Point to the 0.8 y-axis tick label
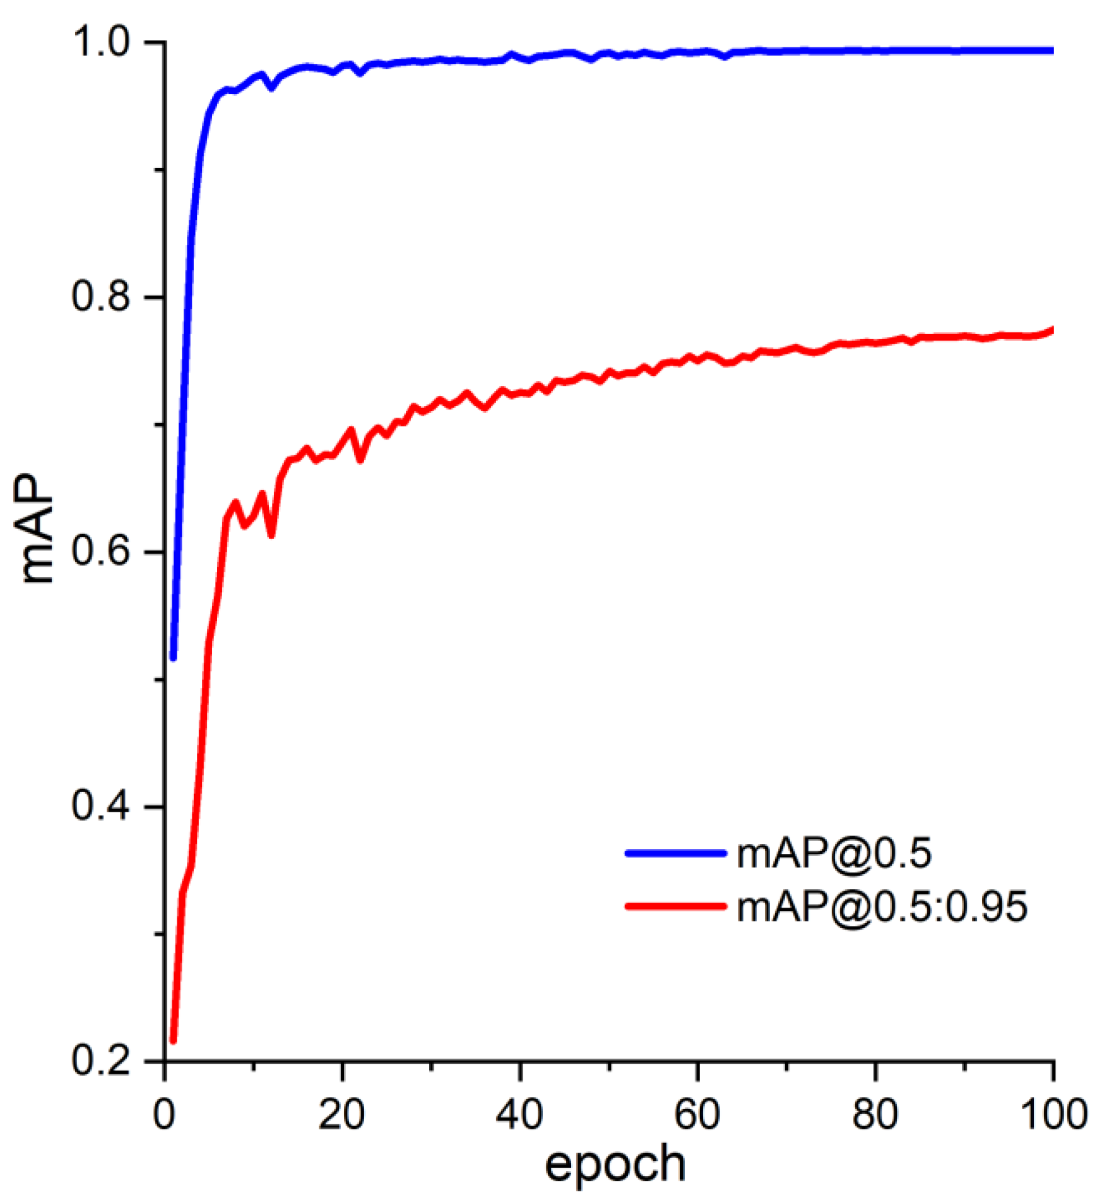pyautogui.click(x=102, y=297)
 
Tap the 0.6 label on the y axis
pyautogui.click(x=102, y=551)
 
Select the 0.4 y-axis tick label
pyautogui.click(x=102, y=807)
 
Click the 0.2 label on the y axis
pyautogui.click(x=102, y=1061)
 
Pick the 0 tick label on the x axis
pyautogui.click(x=164, y=1115)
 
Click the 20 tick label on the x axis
pyautogui.click(x=341, y=1115)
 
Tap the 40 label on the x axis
pyautogui.click(x=519, y=1115)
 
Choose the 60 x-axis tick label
pyautogui.click(x=697, y=1115)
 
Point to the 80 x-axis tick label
pyautogui.click(x=875, y=1115)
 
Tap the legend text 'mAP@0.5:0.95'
pyautogui.click(x=882, y=907)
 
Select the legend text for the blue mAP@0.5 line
pyautogui.click(x=834, y=853)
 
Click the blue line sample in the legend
pyautogui.click(x=675, y=853)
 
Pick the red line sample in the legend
pyautogui.click(x=675, y=906)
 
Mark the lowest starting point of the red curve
pyautogui.click(x=174, y=1041)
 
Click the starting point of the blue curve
pyautogui.click(x=174, y=658)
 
